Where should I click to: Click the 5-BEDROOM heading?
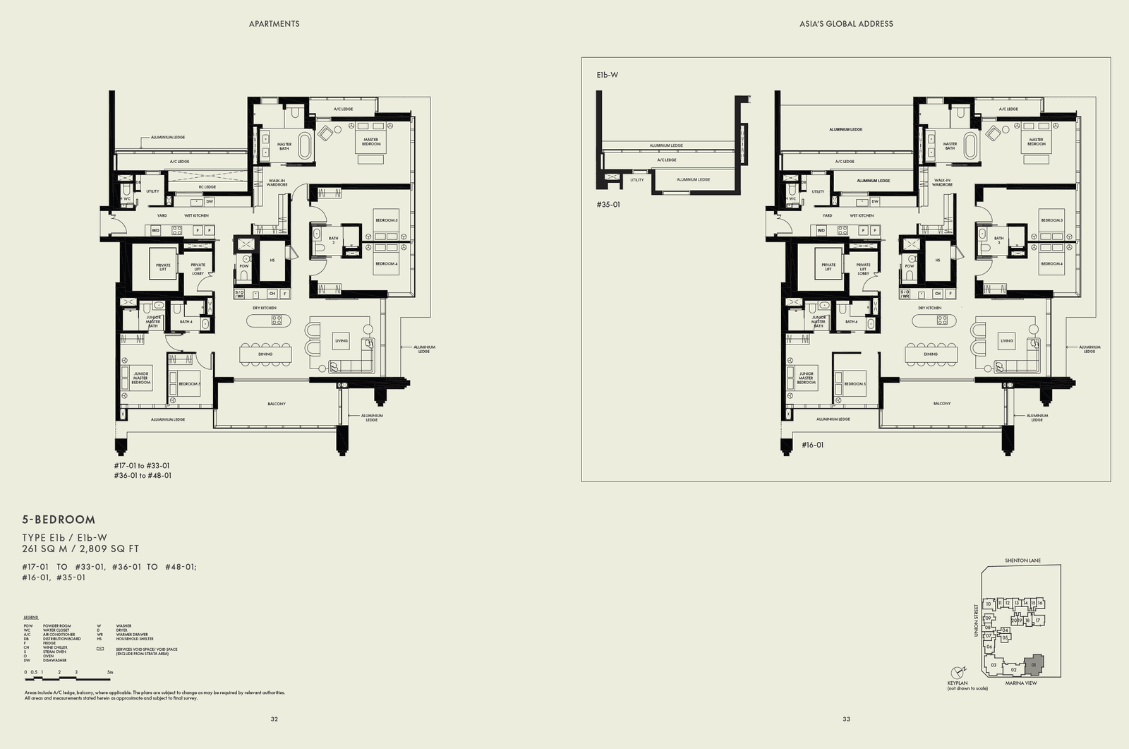[x=59, y=520]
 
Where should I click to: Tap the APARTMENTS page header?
[x=274, y=24]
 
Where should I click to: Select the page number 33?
[x=846, y=719]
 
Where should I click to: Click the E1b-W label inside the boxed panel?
[x=607, y=74]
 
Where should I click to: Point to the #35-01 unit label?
[x=608, y=205]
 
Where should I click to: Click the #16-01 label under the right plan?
[x=812, y=445]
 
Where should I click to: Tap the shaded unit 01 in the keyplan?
[x=1034, y=664]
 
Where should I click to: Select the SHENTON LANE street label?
[x=1022, y=561]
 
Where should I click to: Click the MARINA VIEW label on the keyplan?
[x=1021, y=683]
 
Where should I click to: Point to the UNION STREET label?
[x=977, y=621]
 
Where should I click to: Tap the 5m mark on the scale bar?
[x=109, y=672]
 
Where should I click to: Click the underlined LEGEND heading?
[x=31, y=617]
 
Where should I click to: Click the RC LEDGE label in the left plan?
[x=207, y=187]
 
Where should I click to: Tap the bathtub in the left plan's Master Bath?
[x=305, y=146]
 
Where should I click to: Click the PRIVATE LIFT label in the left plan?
[x=163, y=267]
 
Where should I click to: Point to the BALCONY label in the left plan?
[x=277, y=404]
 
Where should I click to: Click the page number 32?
[x=274, y=719]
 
